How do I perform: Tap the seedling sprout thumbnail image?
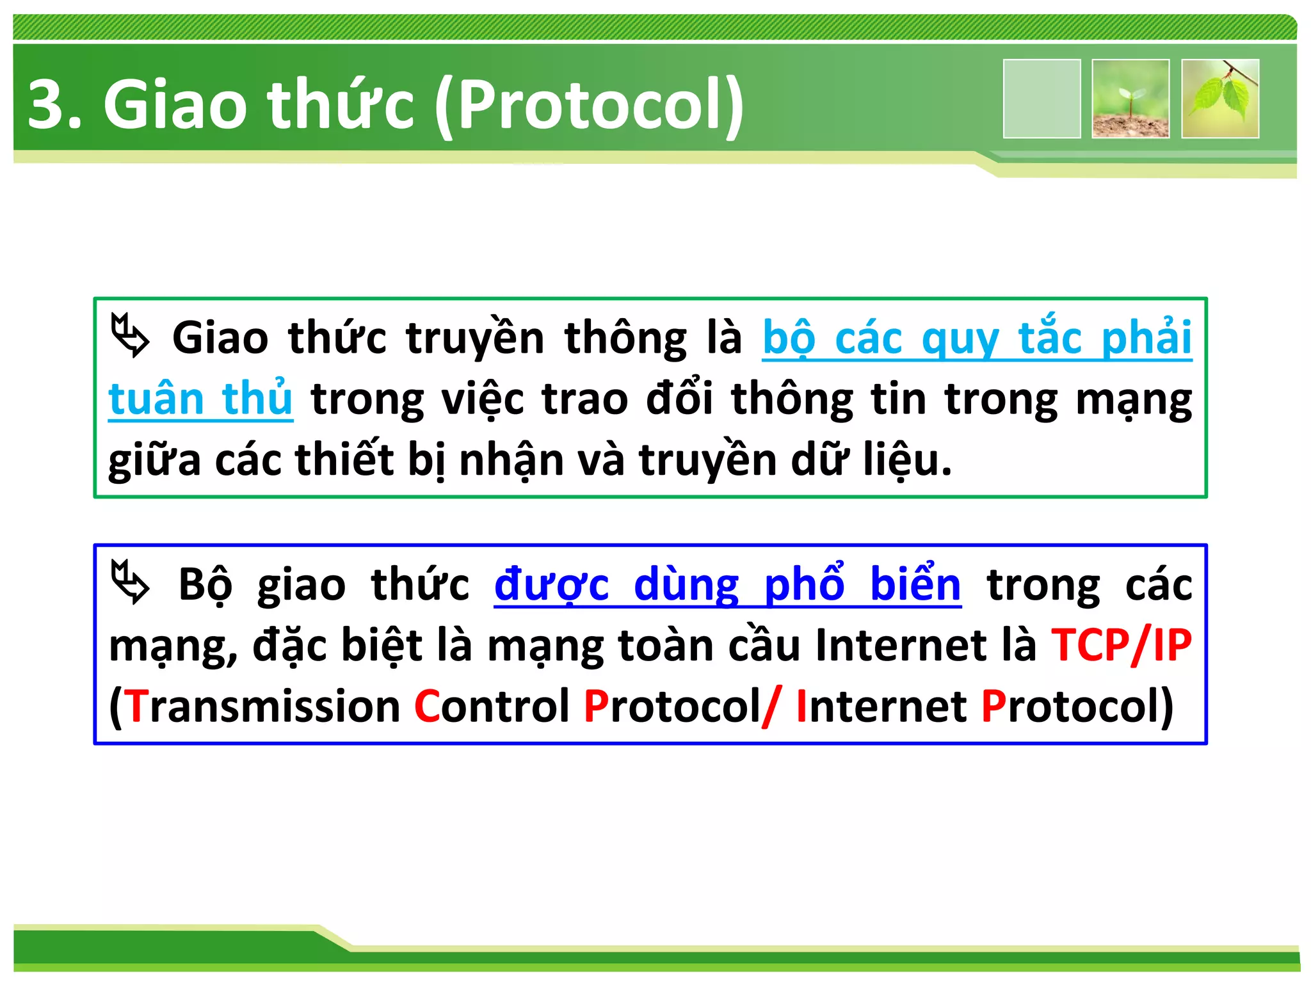point(1130,99)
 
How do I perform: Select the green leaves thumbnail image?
point(1220,99)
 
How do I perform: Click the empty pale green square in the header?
point(1042,99)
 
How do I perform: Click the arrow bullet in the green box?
point(130,335)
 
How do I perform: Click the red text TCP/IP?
point(1122,645)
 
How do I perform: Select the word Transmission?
point(262,707)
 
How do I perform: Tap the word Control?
point(492,707)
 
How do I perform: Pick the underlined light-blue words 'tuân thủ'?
point(200,399)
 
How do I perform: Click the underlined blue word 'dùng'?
point(686,584)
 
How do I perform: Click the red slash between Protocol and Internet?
point(771,707)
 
